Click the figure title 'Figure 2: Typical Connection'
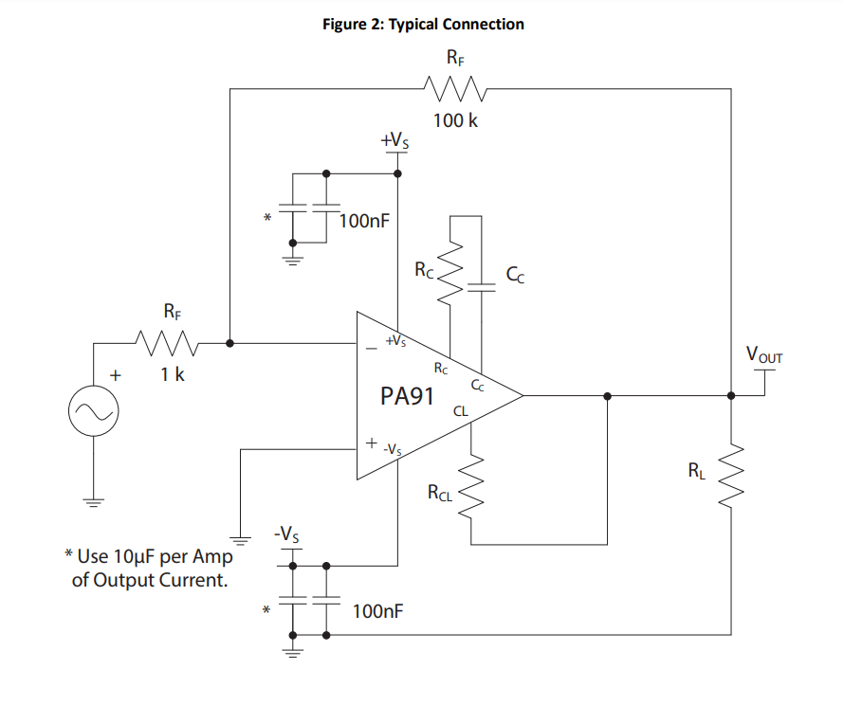coord(423,25)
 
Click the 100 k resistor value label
coord(455,121)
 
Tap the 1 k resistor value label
coord(173,374)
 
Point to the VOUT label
coord(764,356)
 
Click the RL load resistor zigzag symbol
coord(731,478)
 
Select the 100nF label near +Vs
coord(363,222)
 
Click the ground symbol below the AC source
coord(93,501)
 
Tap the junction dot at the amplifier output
coord(607,395)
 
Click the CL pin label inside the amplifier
coord(461,411)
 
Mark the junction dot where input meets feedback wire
coord(230,341)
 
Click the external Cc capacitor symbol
coord(482,287)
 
